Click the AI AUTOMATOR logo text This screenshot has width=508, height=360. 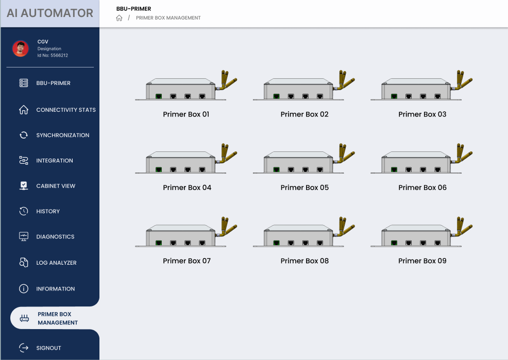(x=50, y=13)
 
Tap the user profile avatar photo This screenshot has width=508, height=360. (x=21, y=48)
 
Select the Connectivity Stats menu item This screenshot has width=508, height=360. (x=57, y=110)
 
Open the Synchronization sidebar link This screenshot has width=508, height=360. (x=54, y=135)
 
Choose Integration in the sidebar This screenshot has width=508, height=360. (x=46, y=160)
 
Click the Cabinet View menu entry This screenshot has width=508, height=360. (x=47, y=186)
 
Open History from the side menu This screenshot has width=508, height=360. (x=39, y=211)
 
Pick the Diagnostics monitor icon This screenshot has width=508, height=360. (x=24, y=236)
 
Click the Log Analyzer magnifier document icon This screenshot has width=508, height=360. (x=24, y=262)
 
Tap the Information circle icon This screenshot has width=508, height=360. (x=24, y=288)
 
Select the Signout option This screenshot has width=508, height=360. (x=40, y=348)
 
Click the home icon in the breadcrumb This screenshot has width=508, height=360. (x=119, y=18)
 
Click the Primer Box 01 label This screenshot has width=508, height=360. (x=186, y=114)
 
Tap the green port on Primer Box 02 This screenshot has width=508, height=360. (x=276, y=96)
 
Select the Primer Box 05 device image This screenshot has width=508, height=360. (x=304, y=158)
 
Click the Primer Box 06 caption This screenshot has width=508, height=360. (x=422, y=187)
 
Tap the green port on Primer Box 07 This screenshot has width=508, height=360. (x=159, y=243)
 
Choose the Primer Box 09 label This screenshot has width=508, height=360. (x=422, y=261)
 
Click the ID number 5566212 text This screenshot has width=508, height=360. (x=53, y=55)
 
